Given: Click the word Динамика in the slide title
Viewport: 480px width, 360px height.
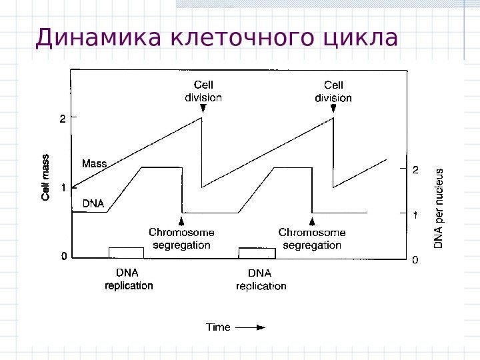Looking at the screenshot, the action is [x=99, y=38].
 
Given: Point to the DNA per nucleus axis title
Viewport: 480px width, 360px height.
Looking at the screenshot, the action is [x=439, y=207].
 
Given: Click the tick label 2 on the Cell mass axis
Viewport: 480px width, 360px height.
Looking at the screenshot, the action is [x=63, y=119].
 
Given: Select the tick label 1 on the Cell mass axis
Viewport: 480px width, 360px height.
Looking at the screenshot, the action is [x=63, y=188].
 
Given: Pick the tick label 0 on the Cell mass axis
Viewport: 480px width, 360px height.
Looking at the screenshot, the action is [x=63, y=256].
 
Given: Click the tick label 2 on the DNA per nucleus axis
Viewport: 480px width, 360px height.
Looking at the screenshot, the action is [x=415, y=171].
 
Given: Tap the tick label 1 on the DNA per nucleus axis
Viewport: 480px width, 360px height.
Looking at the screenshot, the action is [x=415, y=215].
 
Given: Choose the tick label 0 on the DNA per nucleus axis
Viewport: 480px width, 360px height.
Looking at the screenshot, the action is [x=415, y=259].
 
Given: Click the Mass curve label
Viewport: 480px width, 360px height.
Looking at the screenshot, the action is [x=94, y=163].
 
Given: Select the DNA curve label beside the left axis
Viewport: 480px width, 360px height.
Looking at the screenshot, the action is [x=93, y=203].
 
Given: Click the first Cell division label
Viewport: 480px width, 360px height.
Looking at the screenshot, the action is [x=203, y=91].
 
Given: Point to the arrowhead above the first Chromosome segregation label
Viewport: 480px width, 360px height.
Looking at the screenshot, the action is [x=181, y=221].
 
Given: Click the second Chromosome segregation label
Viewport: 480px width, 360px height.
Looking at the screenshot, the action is [x=312, y=239].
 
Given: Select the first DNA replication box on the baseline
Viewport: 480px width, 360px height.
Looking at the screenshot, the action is [x=126, y=252].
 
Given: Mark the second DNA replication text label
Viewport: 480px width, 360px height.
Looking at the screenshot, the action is [x=261, y=279].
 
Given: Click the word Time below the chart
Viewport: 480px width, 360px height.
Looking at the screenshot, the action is [x=218, y=327].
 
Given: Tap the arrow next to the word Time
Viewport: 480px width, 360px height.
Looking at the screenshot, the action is [x=251, y=327].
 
